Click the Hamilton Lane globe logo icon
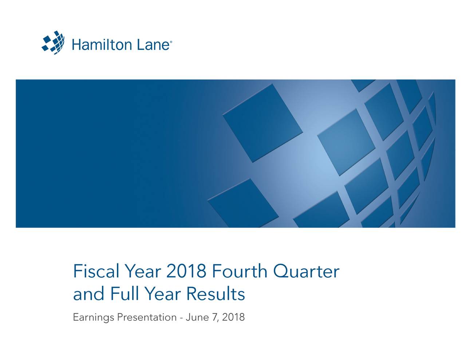click(53, 43)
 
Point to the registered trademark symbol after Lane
click(171, 42)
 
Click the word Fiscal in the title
click(96, 271)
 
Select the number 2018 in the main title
click(186, 271)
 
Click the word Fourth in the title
click(240, 271)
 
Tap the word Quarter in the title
click(306, 271)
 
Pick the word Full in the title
click(125, 293)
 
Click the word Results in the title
click(216, 293)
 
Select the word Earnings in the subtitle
click(93, 317)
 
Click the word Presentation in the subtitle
click(147, 317)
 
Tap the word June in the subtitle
click(197, 317)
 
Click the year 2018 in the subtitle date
click(233, 317)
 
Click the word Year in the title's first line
click(143, 271)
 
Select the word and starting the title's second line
click(89, 293)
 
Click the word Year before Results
click(163, 293)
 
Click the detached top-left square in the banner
click(263, 123)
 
